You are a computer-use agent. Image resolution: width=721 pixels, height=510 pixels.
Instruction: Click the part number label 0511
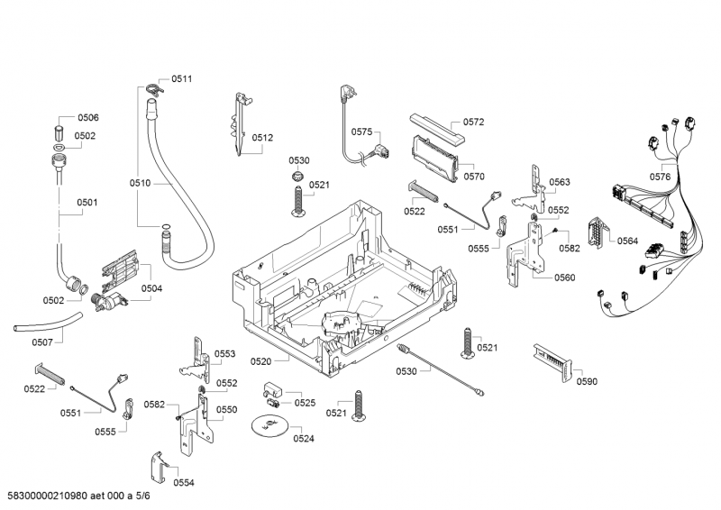tap(181, 78)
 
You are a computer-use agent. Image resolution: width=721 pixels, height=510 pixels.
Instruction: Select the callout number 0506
tap(87, 118)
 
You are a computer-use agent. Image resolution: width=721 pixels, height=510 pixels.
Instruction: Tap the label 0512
tap(262, 138)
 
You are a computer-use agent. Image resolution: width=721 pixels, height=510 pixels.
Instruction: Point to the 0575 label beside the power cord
tap(361, 132)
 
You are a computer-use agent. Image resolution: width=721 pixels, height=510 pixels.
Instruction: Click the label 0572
tap(474, 122)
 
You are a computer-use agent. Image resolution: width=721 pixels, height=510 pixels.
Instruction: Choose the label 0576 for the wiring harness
tap(660, 177)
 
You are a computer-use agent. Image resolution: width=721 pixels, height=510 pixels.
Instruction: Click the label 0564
tap(627, 241)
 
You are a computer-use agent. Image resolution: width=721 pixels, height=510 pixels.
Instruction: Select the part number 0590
tap(586, 381)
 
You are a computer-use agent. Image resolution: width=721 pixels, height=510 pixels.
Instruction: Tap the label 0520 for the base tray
tap(260, 361)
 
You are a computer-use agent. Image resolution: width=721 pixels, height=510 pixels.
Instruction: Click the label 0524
tap(304, 439)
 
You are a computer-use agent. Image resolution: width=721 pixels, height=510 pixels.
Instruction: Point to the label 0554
tap(183, 483)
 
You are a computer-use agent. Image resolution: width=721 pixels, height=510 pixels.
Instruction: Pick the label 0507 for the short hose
tap(42, 342)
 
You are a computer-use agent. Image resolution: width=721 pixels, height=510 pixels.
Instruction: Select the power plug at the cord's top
tap(348, 92)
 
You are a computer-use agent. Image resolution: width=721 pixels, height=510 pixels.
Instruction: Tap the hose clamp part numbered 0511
tap(151, 87)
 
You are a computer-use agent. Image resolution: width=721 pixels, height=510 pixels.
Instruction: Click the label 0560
tap(564, 278)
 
